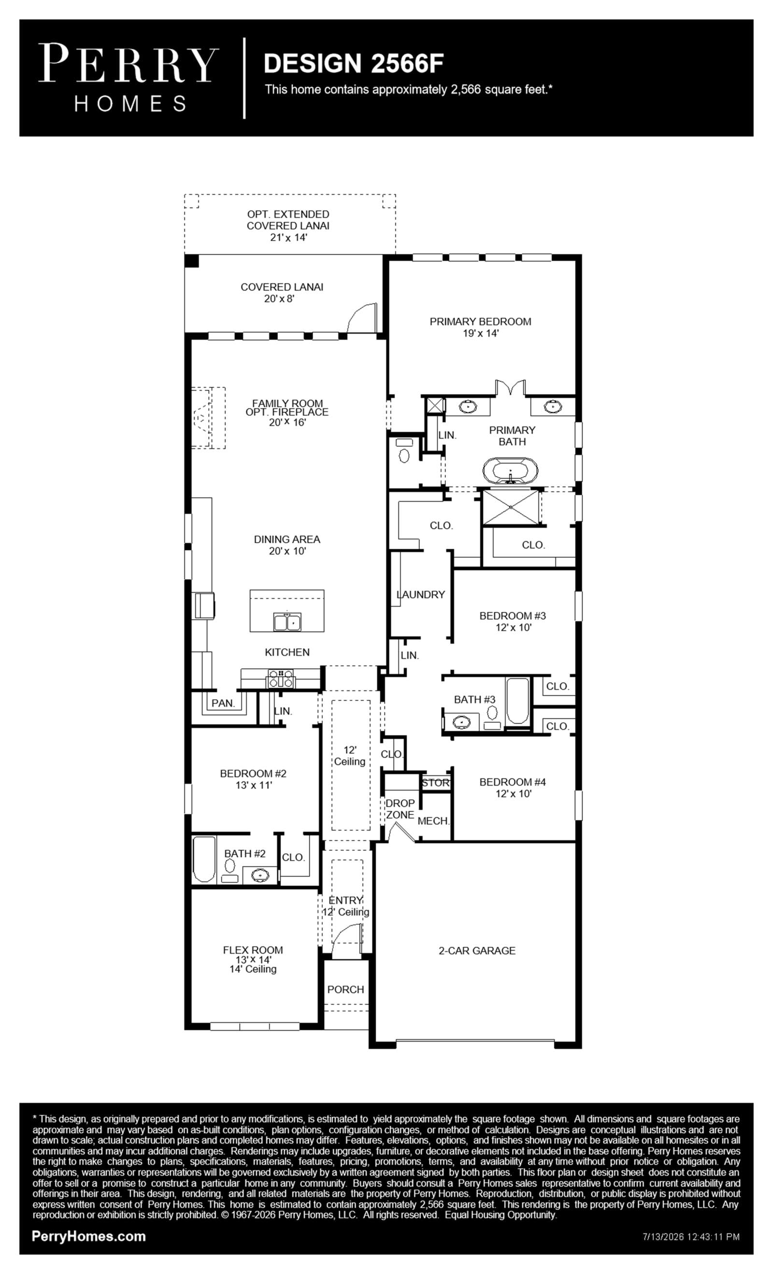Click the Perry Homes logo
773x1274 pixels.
click(x=129, y=77)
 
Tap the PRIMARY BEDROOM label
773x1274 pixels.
click(x=480, y=321)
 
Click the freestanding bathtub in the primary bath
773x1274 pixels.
click(x=510, y=470)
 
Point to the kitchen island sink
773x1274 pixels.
click(x=287, y=621)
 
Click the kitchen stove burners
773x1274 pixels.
click(x=281, y=678)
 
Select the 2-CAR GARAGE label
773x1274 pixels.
click(x=477, y=951)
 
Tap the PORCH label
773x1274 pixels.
click(x=346, y=989)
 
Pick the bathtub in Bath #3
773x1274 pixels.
click(x=517, y=701)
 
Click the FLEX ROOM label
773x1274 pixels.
click(x=253, y=950)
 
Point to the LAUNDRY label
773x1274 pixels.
click(x=421, y=595)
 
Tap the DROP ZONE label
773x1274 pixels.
click(x=400, y=809)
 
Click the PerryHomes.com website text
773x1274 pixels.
click(x=89, y=1236)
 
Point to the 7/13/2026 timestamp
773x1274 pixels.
click(x=691, y=1237)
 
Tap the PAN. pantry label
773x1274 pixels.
click(x=223, y=703)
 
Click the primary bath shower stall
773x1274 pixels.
click(x=510, y=507)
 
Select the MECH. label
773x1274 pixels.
click(x=433, y=820)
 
